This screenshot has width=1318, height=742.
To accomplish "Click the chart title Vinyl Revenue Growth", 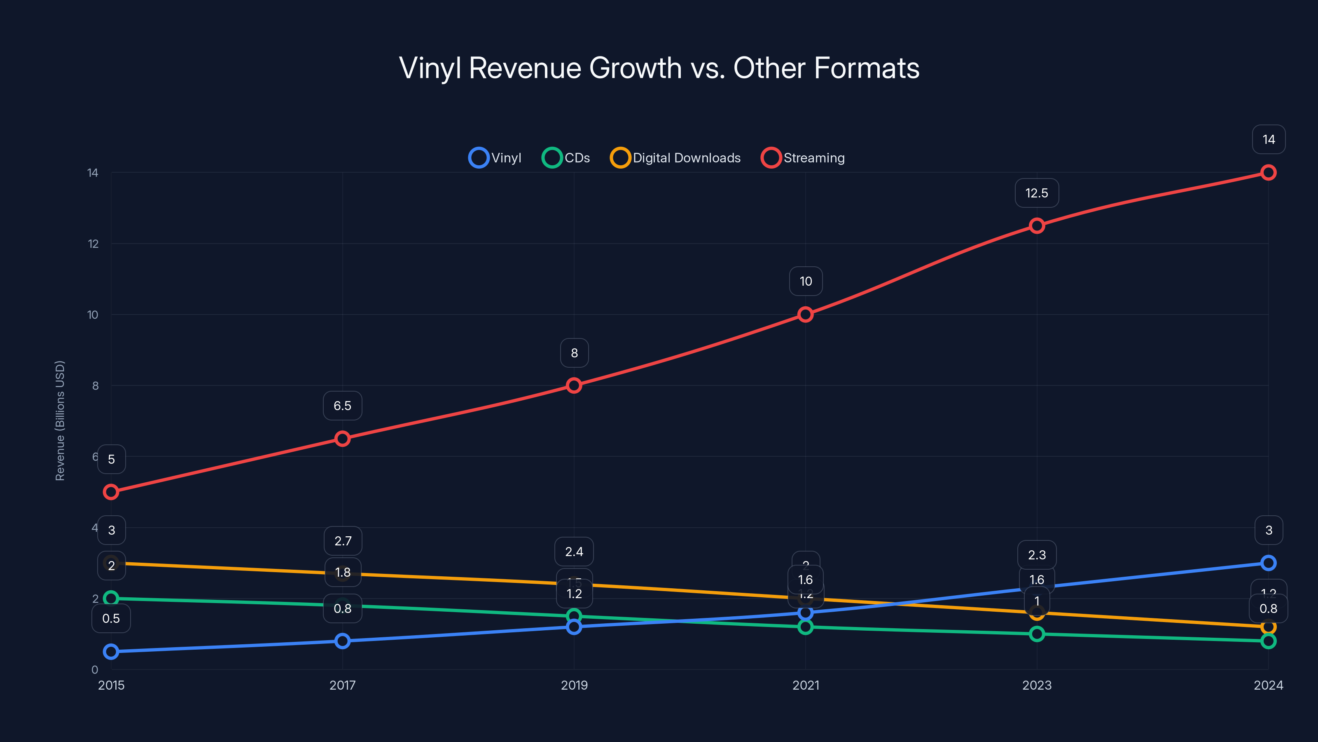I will tap(659, 68).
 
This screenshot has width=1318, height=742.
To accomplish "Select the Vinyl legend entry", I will tap(495, 158).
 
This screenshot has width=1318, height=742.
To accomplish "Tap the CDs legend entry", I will tap(566, 158).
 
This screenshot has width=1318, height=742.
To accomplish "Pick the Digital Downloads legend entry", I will tap(675, 158).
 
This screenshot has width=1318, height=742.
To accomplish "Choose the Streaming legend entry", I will tap(803, 158).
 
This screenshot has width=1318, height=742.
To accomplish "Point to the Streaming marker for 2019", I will tap(574, 385).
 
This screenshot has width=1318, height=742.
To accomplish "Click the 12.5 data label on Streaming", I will tap(1037, 193).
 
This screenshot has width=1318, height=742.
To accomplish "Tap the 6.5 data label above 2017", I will tap(342, 406).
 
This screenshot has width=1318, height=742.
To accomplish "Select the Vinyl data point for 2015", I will tap(111, 652).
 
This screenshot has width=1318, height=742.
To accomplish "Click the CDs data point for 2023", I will tap(1037, 634).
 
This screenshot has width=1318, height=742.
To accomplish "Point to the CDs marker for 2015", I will tap(111, 598).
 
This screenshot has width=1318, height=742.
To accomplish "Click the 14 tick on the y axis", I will tap(93, 173).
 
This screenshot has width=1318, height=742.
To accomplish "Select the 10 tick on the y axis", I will tap(93, 315).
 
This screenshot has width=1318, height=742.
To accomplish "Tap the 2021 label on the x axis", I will tap(805, 685).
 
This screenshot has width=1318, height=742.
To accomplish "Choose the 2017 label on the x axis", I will tap(342, 685).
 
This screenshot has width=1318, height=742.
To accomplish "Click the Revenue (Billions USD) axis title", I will tap(60, 421).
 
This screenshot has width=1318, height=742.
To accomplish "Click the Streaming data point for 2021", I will tap(805, 315).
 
